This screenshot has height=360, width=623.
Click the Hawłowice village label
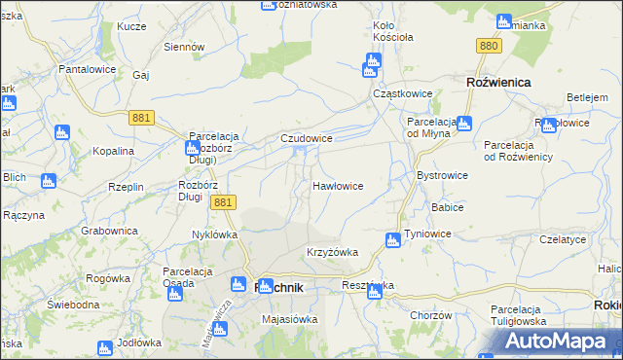338,185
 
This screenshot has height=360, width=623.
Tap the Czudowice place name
308,139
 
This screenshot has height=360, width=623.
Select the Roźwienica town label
498,83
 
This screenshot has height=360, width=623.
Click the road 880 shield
489,46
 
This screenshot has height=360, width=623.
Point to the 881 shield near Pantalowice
140,117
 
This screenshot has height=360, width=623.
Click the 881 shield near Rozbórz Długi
223,202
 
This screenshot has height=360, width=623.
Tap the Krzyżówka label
332,252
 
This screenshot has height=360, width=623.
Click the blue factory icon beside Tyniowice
393,240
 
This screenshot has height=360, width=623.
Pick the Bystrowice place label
442,175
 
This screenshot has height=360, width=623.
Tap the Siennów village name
183,46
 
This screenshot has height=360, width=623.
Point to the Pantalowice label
88,70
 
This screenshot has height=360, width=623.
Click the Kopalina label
113,151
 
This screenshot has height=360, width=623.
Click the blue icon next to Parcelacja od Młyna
463,124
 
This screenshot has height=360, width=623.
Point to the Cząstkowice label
403,93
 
